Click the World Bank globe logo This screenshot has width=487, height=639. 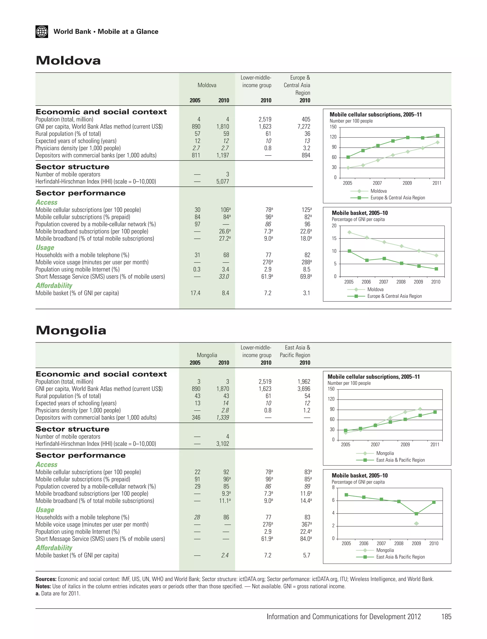42,32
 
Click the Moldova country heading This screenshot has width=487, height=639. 68,61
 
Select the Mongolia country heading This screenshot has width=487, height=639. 71,330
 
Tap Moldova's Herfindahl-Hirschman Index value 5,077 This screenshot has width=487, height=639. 222,182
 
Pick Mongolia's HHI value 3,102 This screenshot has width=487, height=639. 222,444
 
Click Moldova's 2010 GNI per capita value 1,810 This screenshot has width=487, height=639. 222,127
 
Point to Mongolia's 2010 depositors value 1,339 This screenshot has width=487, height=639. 222,418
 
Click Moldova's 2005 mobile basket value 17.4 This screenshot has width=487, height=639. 195,293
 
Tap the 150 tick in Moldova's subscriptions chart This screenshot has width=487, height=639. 333,127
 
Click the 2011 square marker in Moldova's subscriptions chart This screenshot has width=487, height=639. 438,136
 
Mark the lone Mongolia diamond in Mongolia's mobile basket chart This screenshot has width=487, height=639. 416,523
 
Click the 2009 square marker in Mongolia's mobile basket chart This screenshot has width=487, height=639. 416,514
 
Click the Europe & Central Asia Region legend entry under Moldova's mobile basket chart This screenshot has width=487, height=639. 394,296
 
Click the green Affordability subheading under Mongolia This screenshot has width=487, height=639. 54,548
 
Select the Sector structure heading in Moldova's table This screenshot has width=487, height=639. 73,167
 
